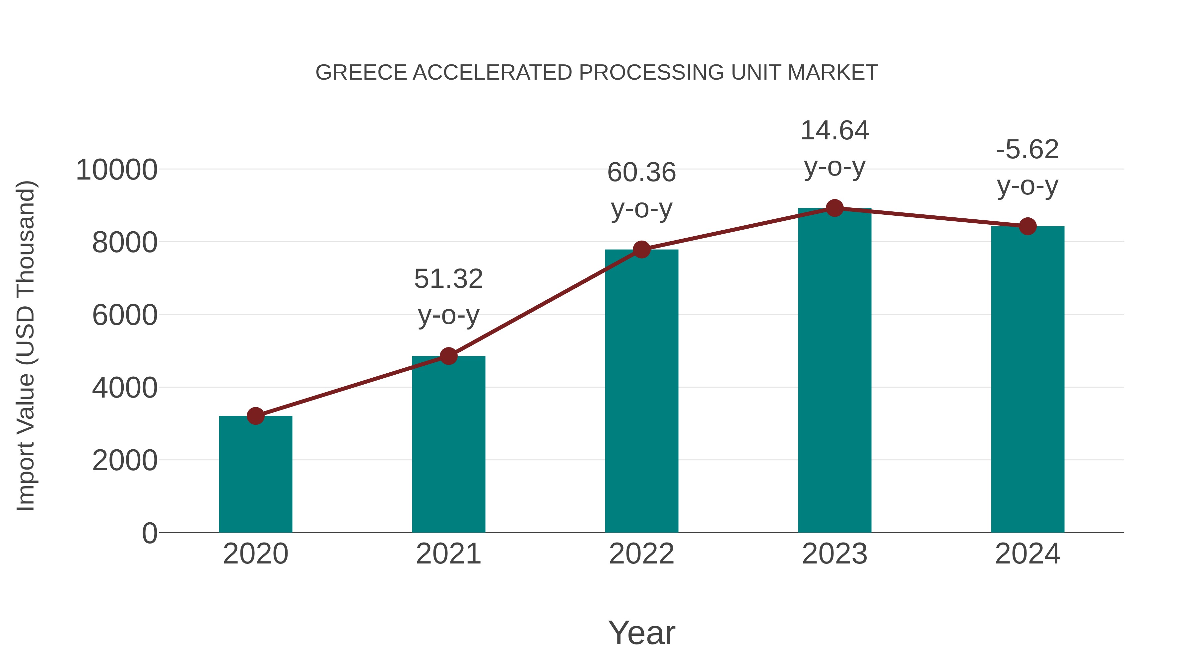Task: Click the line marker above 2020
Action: [x=255, y=416]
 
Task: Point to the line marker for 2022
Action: [x=641, y=250]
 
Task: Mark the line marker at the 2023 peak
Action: [x=834, y=208]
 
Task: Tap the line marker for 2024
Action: [x=1028, y=226]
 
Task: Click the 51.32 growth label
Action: [x=448, y=279]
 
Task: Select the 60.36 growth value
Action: [x=641, y=173]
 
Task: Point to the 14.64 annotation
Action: [x=834, y=131]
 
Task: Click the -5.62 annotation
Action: [x=1028, y=150]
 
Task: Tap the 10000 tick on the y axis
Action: [x=116, y=170]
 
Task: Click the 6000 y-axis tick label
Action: [x=125, y=315]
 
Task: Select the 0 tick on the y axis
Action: [x=149, y=533]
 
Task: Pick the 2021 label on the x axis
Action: [x=448, y=554]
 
